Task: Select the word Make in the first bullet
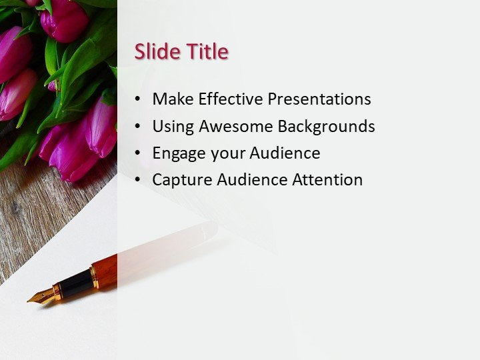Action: pos(170,99)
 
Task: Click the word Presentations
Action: pos(319,99)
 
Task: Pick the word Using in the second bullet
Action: pos(171,126)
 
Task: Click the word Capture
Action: pos(179,180)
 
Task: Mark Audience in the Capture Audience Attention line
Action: pos(250,179)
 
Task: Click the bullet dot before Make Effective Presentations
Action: pos(137,99)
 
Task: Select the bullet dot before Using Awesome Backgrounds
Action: pos(137,127)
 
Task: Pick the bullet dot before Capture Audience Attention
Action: pos(137,180)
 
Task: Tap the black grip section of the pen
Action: pos(75,284)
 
